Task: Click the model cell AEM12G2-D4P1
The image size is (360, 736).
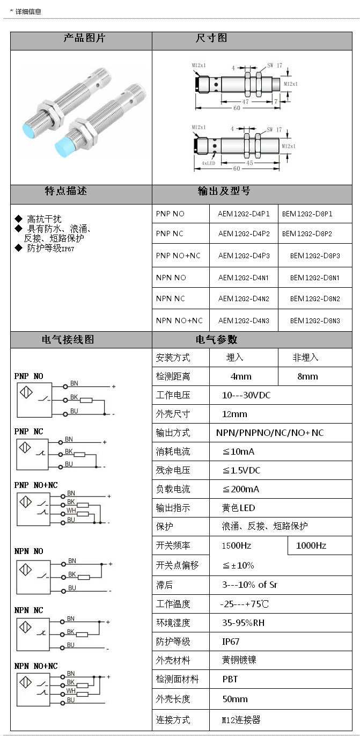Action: pyautogui.click(x=244, y=214)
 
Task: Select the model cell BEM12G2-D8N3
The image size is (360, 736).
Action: pyautogui.click(x=315, y=320)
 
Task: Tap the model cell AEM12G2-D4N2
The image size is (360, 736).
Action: pyautogui.click(x=244, y=298)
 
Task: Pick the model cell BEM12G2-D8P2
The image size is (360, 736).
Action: pyautogui.click(x=307, y=234)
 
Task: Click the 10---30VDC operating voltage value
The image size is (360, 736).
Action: pyautogui.click(x=246, y=395)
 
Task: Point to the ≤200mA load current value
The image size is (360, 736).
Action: pyautogui.click(x=241, y=489)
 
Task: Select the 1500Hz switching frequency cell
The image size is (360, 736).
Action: pyautogui.click(x=237, y=545)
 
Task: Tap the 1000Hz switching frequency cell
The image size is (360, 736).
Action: pyautogui.click(x=311, y=545)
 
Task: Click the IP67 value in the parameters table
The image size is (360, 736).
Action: pyautogui.click(x=231, y=642)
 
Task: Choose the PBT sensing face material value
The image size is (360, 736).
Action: pyautogui.click(x=230, y=679)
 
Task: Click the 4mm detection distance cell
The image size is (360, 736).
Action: pyautogui.click(x=241, y=376)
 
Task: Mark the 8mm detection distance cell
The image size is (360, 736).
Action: pyautogui.click(x=307, y=376)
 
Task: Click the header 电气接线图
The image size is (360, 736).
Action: pyautogui.click(x=68, y=340)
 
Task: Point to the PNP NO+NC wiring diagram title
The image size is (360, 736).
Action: pyautogui.click(x=36, y=485)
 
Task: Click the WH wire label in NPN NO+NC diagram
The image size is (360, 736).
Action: pyautogui.click(x=71, y=691)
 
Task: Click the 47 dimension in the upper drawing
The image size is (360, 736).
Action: pyautogui.click(x=245, y=101)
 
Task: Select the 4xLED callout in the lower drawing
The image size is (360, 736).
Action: pyautogui.click(x=208, y=163)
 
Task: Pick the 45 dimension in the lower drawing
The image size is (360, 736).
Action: pyautogui.click(x=249, y=163)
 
